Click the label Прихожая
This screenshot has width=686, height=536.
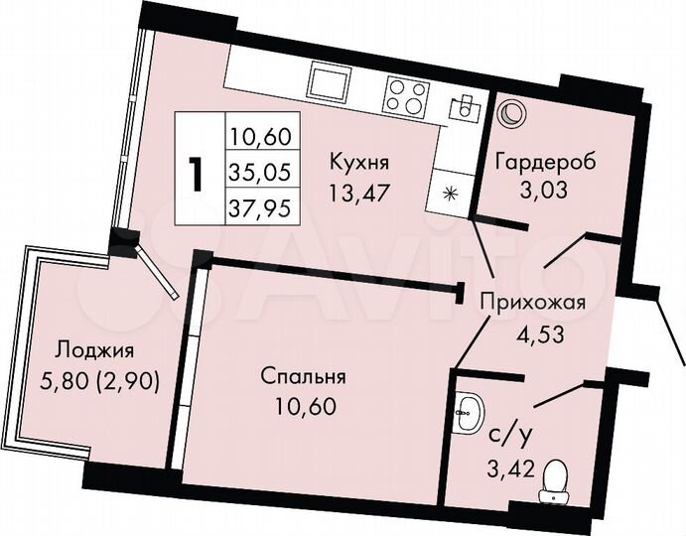tap(527, 304)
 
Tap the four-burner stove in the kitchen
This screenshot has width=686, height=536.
tap(405, 95)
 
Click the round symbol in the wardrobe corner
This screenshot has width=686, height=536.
tap(510, 115)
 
